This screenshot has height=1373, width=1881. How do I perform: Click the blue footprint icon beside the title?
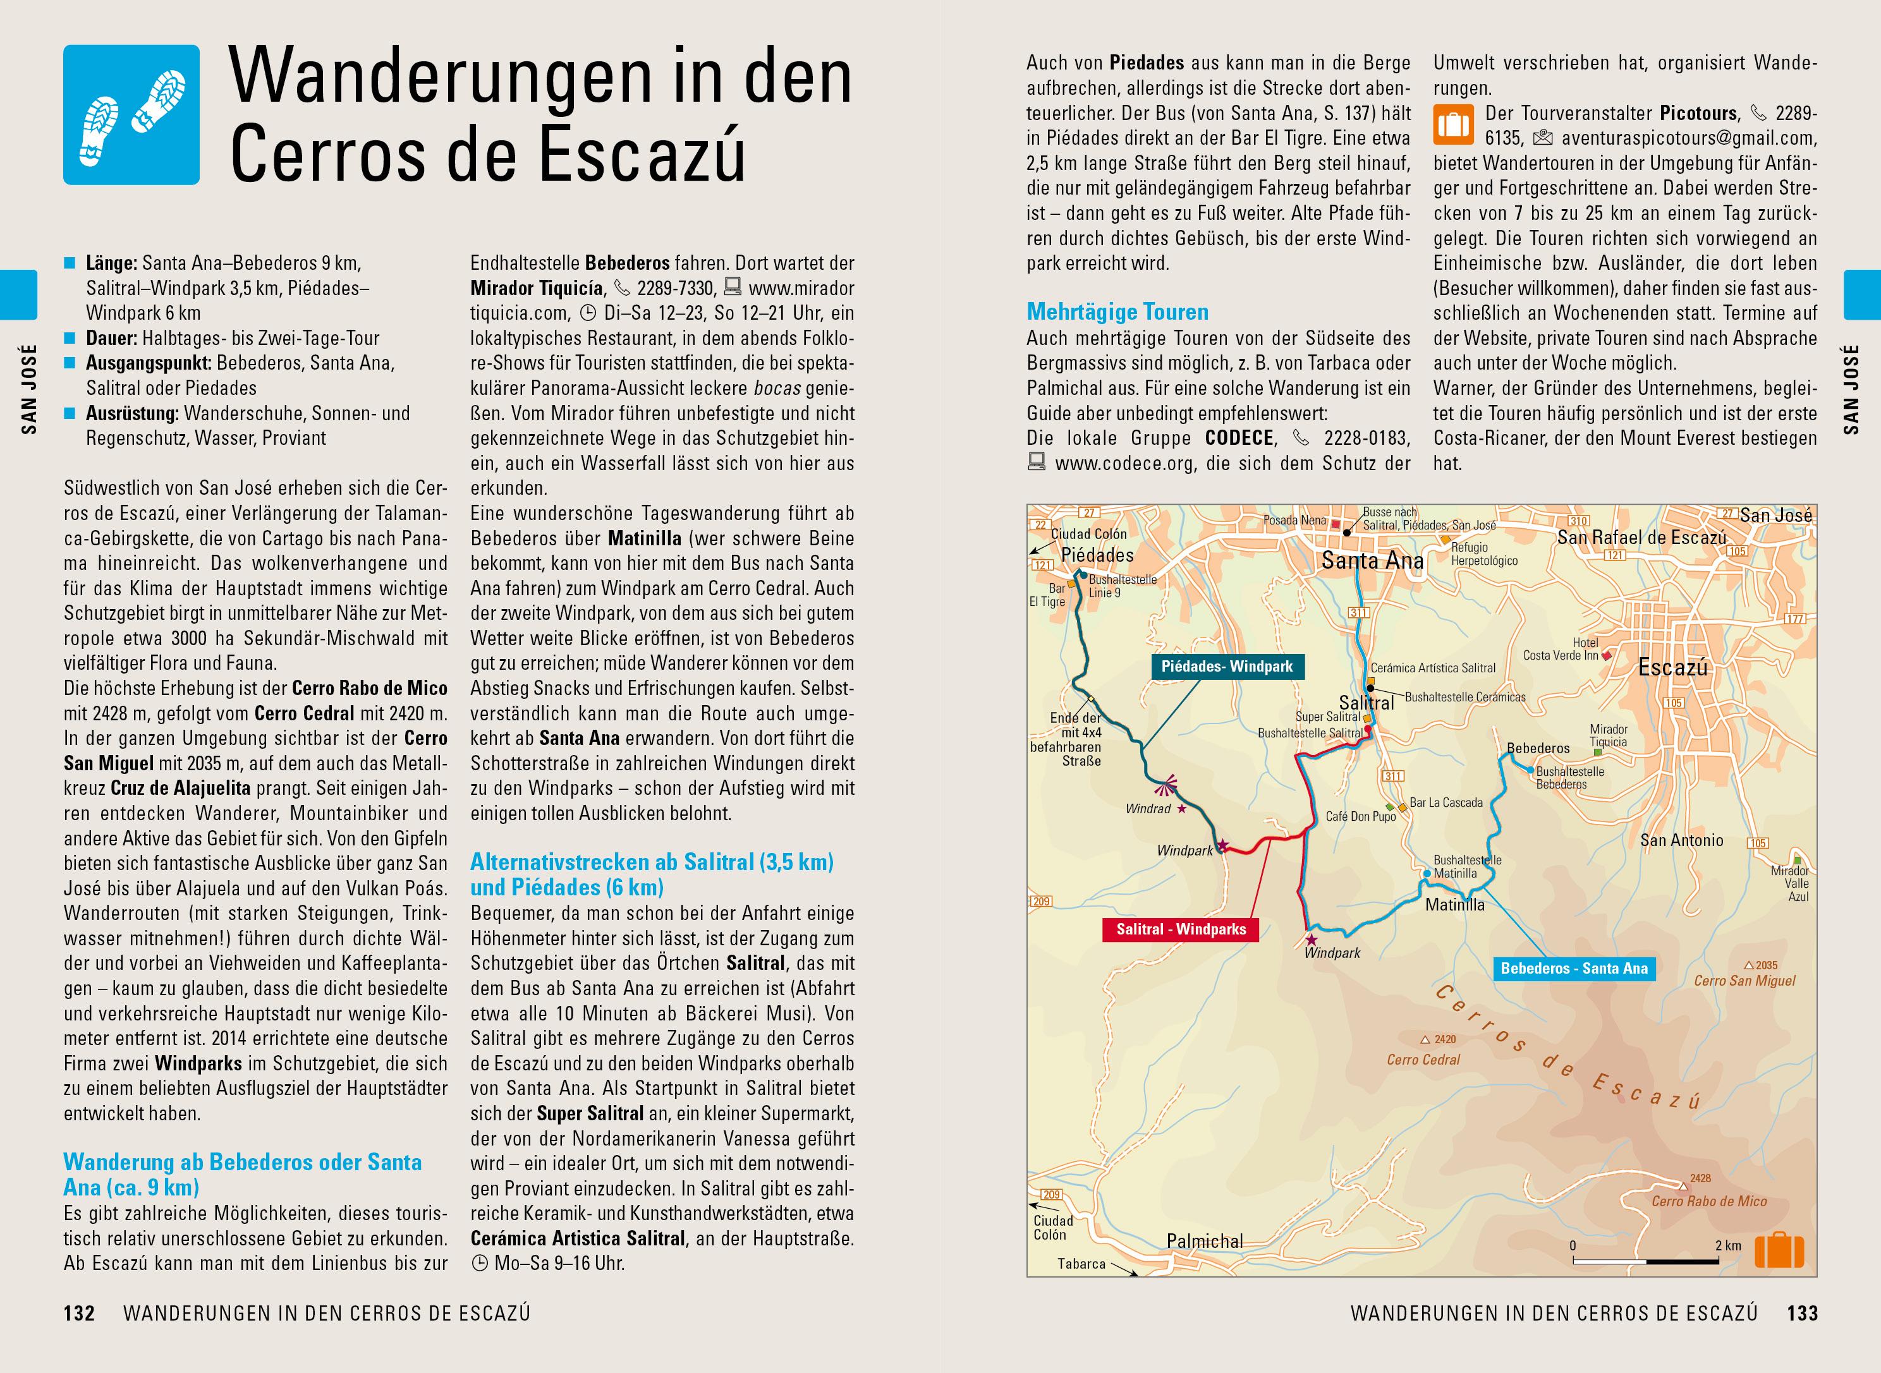click(131, 115)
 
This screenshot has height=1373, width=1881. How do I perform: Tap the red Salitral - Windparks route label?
click(1180, 929)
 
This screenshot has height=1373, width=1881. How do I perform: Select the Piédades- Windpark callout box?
click(1227, 667)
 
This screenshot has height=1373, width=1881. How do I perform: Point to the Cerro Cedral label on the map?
click(1423, 1060)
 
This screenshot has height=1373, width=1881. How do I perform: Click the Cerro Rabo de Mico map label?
click(1709, 1201)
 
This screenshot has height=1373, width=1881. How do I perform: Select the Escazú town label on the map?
click(1672, 667)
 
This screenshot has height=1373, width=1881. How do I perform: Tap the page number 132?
click(79, 1313)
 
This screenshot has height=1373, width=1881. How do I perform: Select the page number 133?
click(1802, 1313)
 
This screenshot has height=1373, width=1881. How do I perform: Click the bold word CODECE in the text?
click(1239, 438)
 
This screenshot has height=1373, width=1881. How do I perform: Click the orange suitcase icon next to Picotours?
click(1453, 124)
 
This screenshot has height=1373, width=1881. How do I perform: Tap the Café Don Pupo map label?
click(1361, 816)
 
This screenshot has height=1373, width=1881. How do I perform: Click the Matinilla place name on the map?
click(1454, 904)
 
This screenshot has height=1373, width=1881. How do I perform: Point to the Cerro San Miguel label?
click(1744, 981)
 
